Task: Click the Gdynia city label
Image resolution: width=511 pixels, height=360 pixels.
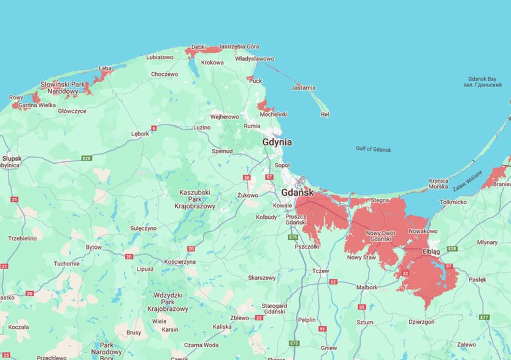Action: click(277, 142)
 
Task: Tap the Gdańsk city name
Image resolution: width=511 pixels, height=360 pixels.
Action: click(298, 192)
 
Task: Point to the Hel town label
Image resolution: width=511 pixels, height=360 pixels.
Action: click(325, 114)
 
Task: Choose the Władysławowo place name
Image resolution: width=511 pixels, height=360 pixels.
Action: click(255, 59)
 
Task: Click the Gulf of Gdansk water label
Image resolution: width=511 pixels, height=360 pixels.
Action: click(374, 149)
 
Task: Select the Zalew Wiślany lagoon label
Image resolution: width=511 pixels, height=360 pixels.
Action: click(468, 178)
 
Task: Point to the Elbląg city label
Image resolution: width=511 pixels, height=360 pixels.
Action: click(432, 252)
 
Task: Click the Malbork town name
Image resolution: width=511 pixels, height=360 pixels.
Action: click(367, 287)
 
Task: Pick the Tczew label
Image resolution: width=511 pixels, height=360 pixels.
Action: click(321, 271)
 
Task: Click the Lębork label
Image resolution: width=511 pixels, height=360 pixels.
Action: click(140, 133)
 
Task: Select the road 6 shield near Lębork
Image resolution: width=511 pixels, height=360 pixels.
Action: click(154, 128)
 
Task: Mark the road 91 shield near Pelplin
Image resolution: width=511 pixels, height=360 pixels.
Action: click(322, 329)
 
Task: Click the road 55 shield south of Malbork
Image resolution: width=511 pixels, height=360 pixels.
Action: click(362, 307)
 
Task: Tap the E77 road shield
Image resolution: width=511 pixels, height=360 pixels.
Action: click(485, 317)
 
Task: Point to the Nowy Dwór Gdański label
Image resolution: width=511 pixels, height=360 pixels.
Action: click(382, 236)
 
